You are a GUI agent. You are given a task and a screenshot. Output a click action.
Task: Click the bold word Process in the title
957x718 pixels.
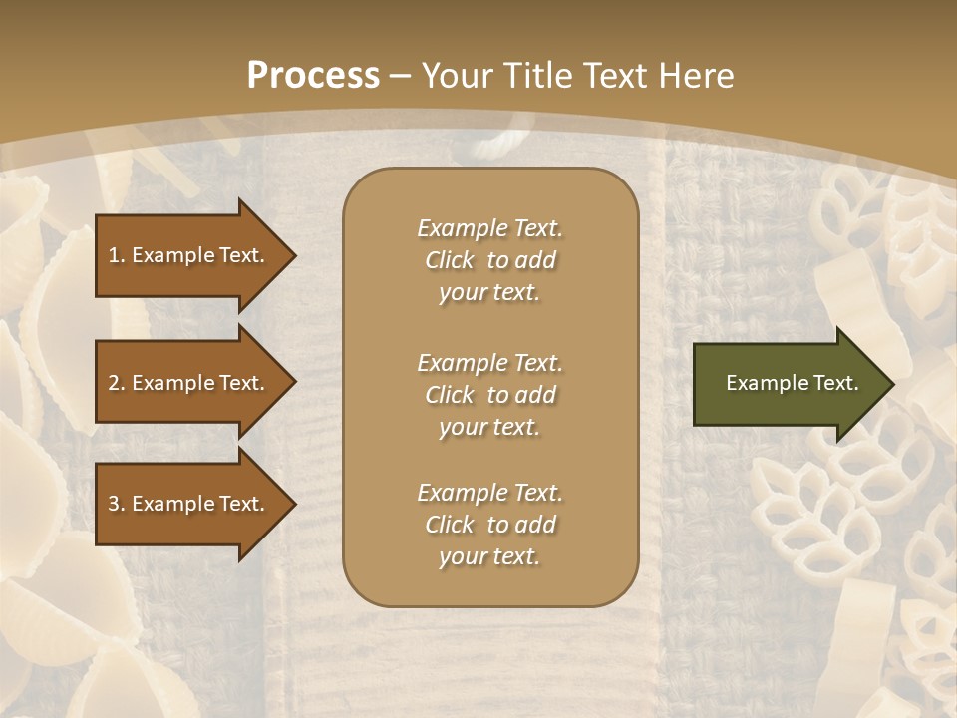click(313, 76)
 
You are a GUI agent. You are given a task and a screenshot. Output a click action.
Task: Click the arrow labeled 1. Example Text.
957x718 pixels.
click(189, 255)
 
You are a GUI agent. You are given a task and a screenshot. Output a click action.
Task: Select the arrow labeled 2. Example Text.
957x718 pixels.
click(189, 383)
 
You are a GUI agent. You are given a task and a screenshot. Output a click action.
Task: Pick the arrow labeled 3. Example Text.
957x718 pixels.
click(189, 504)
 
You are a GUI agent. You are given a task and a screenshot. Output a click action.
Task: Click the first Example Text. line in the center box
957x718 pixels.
click(489, 228)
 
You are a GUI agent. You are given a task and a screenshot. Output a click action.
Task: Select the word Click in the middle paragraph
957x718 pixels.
click(450, 395)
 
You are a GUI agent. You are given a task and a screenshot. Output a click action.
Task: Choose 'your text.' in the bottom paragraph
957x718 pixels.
click(489, 556)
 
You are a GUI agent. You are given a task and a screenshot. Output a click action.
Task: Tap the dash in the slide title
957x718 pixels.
click(401, 76)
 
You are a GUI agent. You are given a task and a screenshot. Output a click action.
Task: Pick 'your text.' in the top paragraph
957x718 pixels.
click(489, 292)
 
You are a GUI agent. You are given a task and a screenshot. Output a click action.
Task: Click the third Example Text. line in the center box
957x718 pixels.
click(489, 493)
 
